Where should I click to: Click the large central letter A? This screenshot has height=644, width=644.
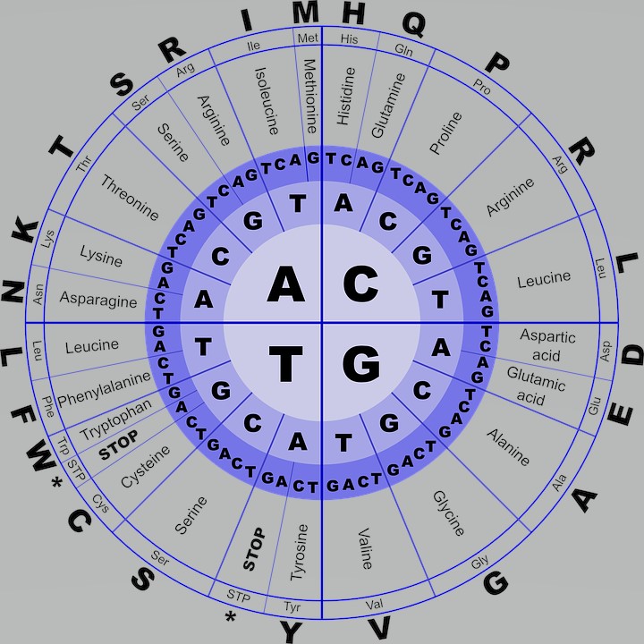(286, 284)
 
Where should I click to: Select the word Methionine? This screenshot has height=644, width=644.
(310, 96)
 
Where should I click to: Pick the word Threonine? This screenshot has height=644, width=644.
(130, 198)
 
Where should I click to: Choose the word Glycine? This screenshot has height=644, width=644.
(448, 513)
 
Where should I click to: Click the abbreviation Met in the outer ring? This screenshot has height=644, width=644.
(307, 37)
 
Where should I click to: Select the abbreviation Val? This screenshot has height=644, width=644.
(374, 606)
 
